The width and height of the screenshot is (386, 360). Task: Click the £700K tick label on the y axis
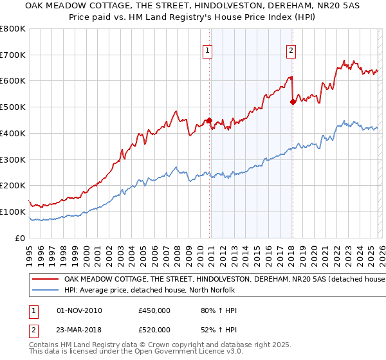point(13,55)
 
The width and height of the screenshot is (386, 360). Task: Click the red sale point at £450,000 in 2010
point(209,120)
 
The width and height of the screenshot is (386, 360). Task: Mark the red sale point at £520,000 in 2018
point(293,102)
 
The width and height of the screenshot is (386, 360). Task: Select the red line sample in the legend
point(45,280)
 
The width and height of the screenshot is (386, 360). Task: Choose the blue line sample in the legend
point(45,290)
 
